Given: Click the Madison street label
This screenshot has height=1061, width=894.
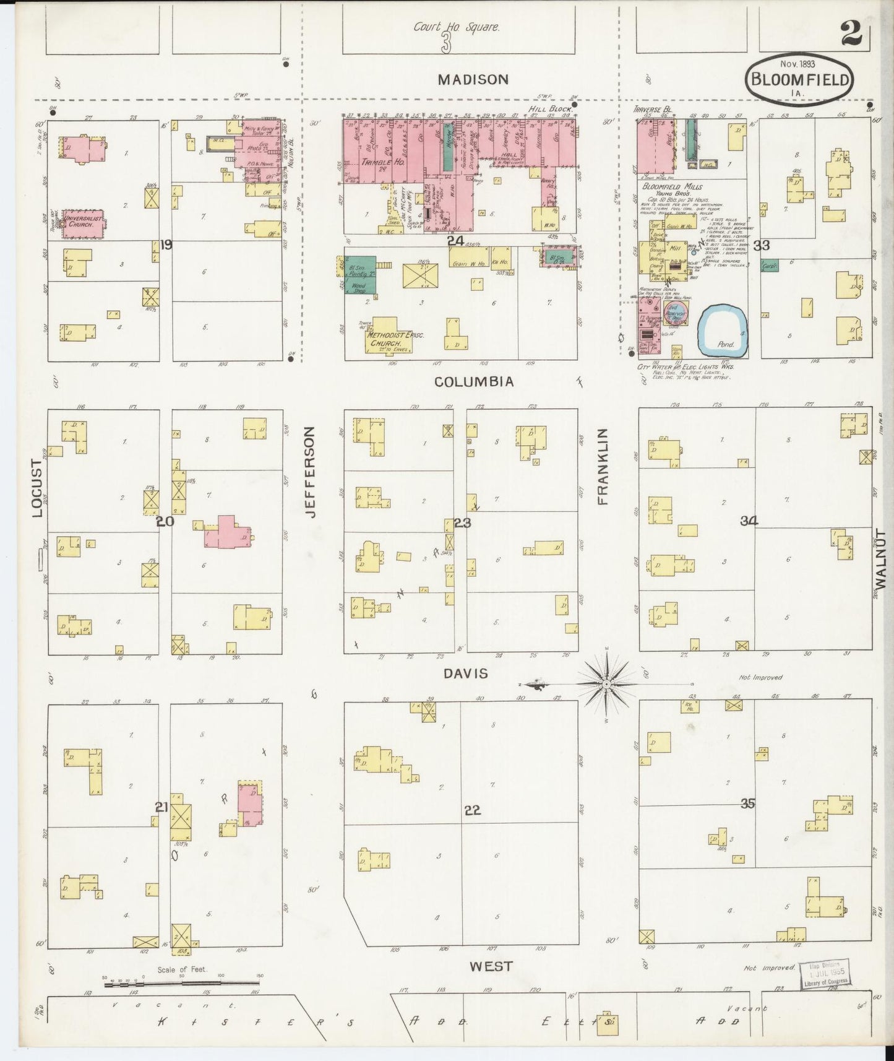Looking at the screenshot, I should click(x=473, y=79).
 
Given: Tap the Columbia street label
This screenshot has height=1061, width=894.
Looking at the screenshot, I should click(x=474, y=381).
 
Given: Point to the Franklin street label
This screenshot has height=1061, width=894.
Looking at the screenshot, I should click(x=603, y=467).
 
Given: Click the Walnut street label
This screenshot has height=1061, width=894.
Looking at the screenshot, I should click(x=881, y=560).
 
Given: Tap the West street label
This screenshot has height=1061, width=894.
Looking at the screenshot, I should click(x=491, y=966).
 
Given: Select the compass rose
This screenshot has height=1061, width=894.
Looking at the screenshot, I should click(x=606, y=684).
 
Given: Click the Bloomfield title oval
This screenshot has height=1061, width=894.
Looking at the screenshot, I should click(x=799, y=79).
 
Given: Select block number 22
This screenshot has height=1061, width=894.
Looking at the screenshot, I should click(x=472, y=810).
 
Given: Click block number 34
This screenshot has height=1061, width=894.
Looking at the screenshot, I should click(x=749, y=521).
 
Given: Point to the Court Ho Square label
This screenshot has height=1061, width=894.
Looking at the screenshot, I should click(x=457, y=27).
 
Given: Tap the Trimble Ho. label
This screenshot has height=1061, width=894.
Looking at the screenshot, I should click(x=374, y=162).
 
